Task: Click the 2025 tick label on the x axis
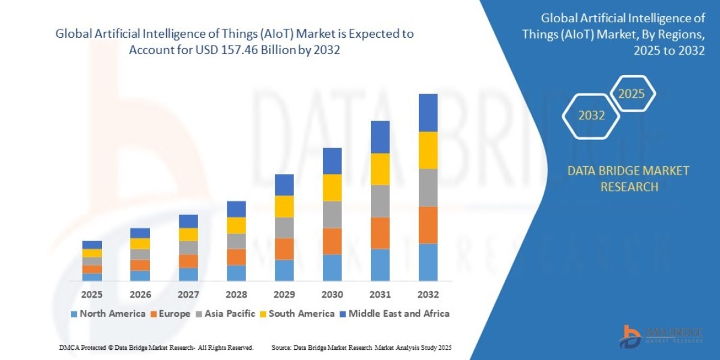click(92, 295)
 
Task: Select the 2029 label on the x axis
click(284, 295)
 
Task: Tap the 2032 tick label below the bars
click(428, 295)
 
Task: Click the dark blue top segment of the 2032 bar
click(428, 113)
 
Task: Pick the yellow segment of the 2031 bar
click(380, 169)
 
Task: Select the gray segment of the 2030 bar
click(332, 214)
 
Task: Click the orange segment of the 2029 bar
click(284, 249)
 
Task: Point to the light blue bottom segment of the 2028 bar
click(236, 273)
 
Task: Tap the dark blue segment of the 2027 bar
click(188, 221)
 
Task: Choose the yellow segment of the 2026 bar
click(140, 244)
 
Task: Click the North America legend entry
click(108, 313)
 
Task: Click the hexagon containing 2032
click(591, 116)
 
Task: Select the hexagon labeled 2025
click(631, 94)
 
